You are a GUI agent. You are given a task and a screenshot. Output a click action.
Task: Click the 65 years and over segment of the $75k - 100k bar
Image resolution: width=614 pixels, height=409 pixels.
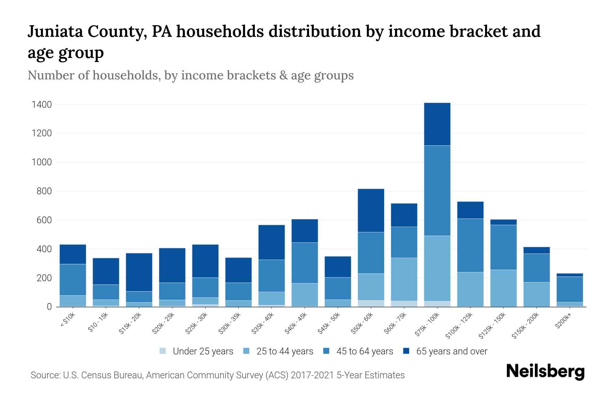click(437, 124)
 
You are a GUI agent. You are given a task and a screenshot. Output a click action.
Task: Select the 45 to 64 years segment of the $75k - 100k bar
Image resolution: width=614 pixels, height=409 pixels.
click(437, 191)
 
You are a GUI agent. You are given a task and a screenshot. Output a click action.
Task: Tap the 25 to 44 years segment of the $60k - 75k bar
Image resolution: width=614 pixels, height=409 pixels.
click(404, 279)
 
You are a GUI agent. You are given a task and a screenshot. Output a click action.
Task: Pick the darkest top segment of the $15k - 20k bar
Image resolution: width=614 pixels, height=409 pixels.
click(139, 272)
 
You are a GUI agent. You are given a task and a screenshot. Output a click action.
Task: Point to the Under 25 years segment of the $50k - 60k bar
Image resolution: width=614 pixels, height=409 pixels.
click(371, 303)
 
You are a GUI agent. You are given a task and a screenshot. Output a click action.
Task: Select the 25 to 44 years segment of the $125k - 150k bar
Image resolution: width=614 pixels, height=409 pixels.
click(503, 288)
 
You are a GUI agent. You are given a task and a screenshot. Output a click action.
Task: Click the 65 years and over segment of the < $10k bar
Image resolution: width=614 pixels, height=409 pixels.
click(73, 254)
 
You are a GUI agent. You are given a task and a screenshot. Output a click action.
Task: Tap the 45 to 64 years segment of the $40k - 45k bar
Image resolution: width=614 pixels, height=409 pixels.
click(305, 263)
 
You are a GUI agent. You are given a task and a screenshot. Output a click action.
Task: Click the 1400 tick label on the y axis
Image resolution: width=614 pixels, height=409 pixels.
click(42, 105)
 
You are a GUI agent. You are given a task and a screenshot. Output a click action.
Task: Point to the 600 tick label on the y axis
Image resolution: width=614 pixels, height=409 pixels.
click(44, 221)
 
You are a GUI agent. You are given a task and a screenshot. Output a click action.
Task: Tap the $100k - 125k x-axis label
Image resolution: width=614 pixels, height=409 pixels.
click(459, 326)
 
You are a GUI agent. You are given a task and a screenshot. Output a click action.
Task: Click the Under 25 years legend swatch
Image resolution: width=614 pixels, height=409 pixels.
click(163, 351)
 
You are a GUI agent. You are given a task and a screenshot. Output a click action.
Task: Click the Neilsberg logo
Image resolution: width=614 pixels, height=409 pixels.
click(545, 372)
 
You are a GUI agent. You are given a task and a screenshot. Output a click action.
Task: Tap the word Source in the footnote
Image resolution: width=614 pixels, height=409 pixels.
click(44, 375)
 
